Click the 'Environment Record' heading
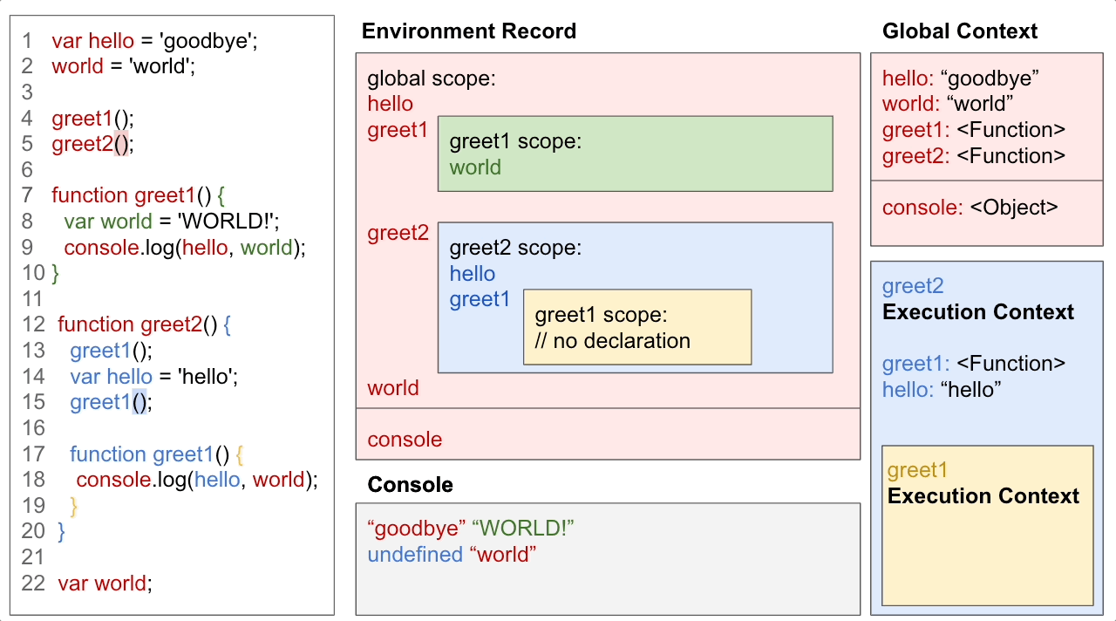468,31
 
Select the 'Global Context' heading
960,31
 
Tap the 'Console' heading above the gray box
410,485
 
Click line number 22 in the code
33,583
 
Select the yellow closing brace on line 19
74,506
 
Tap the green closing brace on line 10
56,274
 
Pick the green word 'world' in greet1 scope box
475,167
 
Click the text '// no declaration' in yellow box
612,340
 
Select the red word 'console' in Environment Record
405,440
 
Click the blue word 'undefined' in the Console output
414,555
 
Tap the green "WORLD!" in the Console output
523,529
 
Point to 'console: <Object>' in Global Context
970,208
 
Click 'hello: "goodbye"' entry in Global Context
961,78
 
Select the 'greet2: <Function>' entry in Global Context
973,156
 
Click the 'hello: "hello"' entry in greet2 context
942,390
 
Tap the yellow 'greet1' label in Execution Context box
917,471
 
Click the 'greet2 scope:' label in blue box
515,248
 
